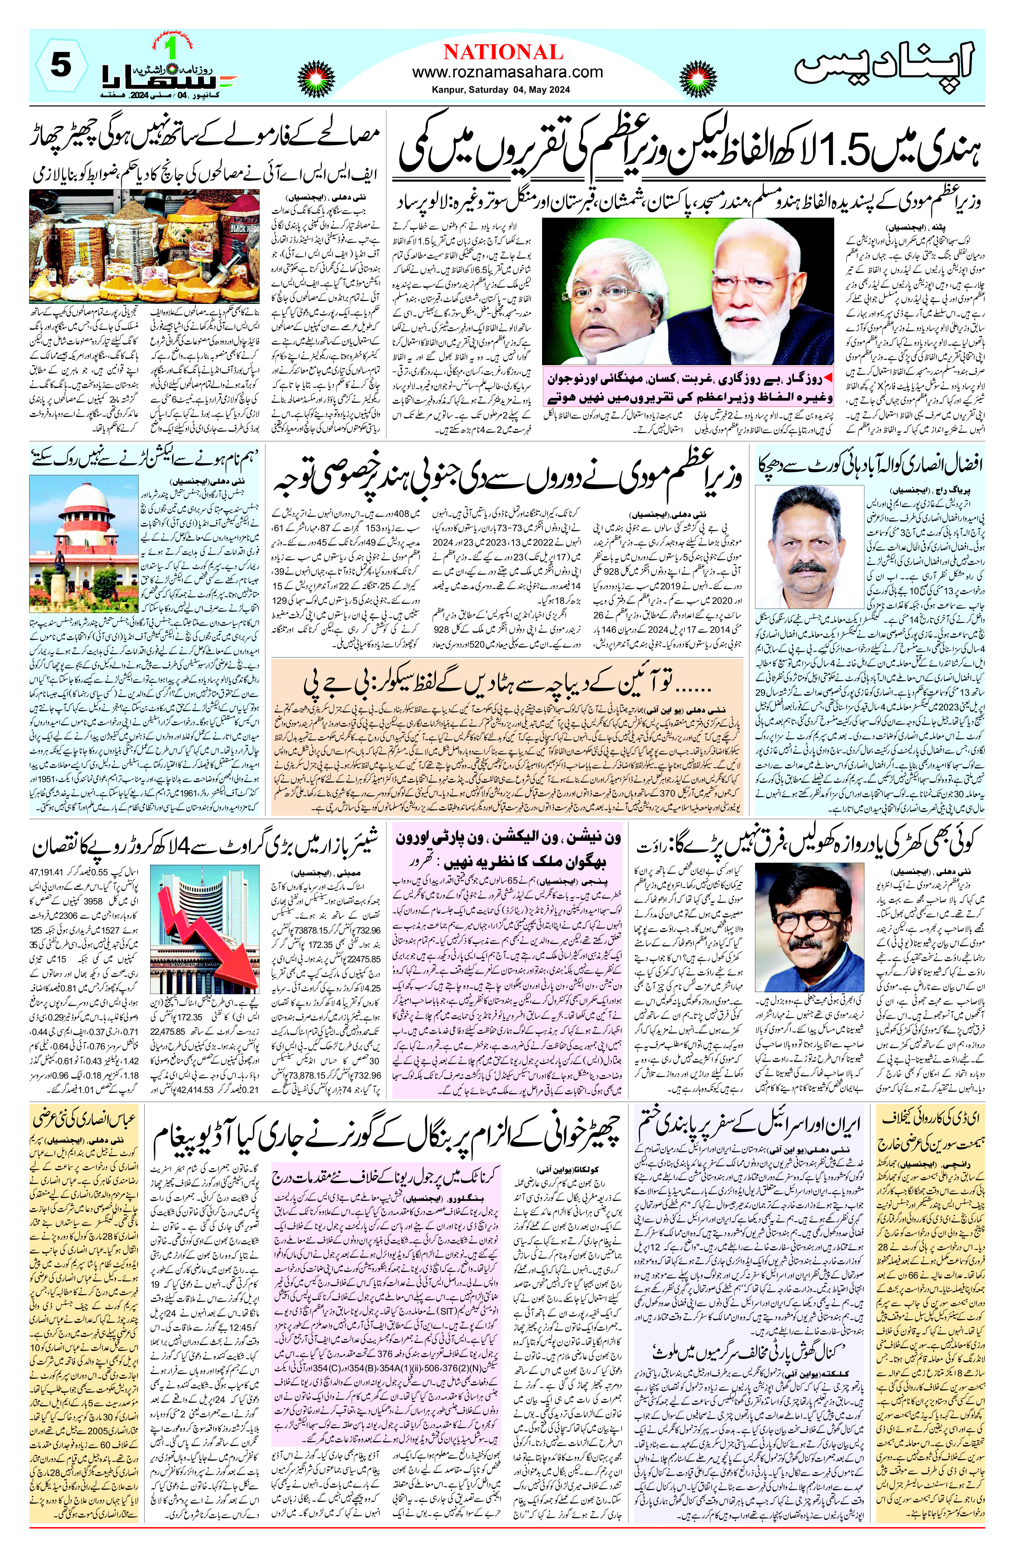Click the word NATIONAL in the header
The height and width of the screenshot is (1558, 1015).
[503, 52]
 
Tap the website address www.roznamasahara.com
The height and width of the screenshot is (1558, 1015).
[507, 73]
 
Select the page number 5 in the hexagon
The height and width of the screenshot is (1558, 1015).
[60, 66]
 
